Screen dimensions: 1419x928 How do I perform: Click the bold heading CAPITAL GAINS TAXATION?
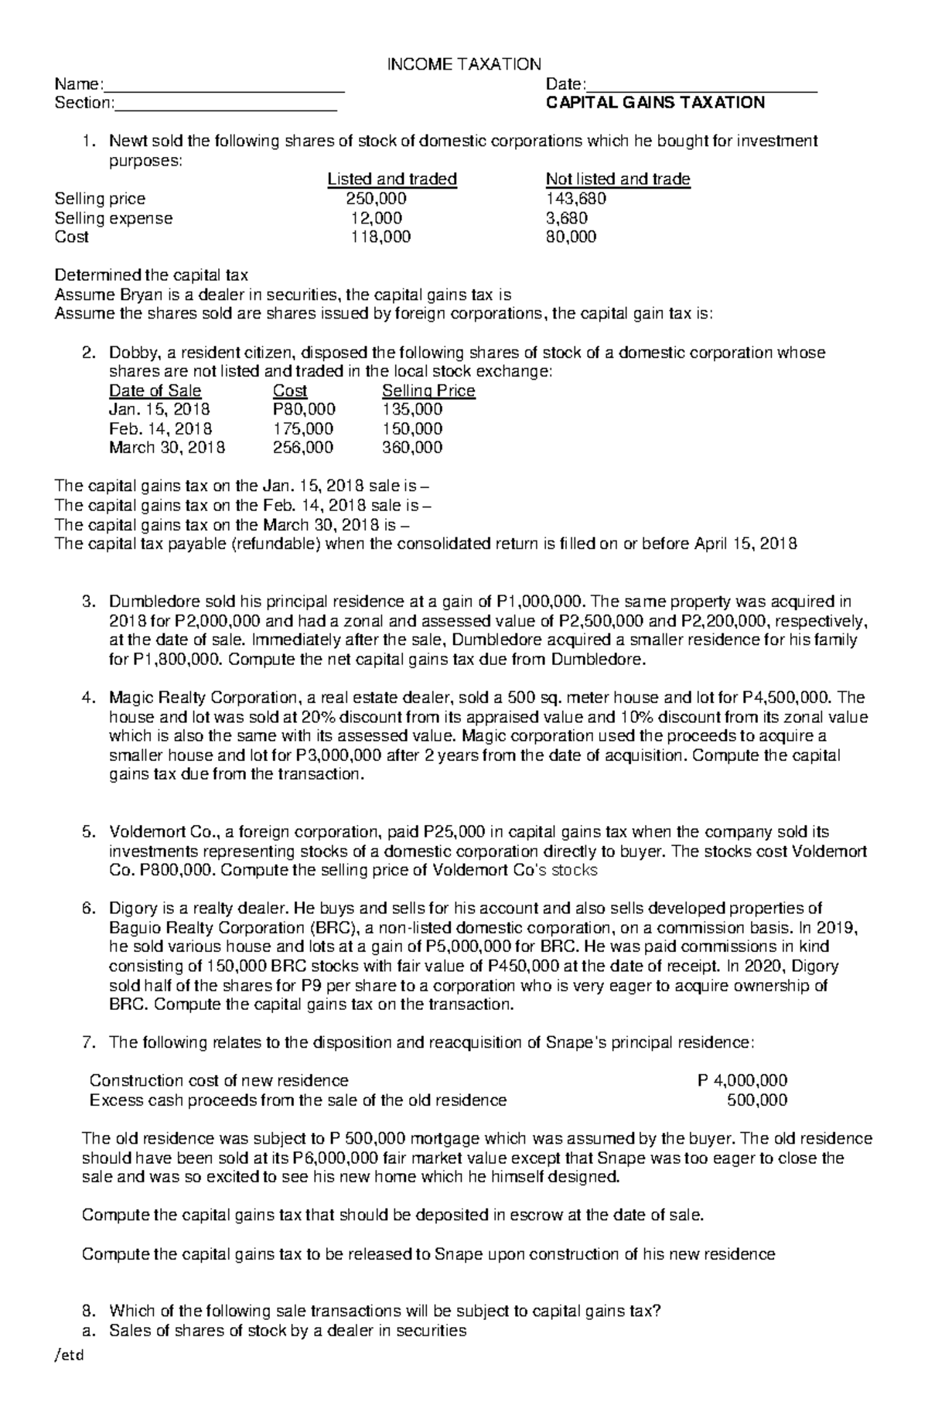tap(655, 103)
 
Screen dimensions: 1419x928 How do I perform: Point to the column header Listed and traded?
tap(392, 179)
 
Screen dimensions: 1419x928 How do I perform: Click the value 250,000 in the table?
tap(376, 199)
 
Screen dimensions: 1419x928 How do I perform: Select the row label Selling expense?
tap(114, 218)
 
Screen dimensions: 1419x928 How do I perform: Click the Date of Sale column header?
tap(155, 391)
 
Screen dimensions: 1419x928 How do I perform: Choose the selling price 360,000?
tap(412, 448)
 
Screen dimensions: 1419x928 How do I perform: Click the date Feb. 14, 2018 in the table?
tap(161, 428)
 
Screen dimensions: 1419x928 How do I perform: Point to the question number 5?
tap(87, 832)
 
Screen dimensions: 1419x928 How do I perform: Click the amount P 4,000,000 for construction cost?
tap(742, 1080)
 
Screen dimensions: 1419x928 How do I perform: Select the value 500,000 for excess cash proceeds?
tap(757, 1100)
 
